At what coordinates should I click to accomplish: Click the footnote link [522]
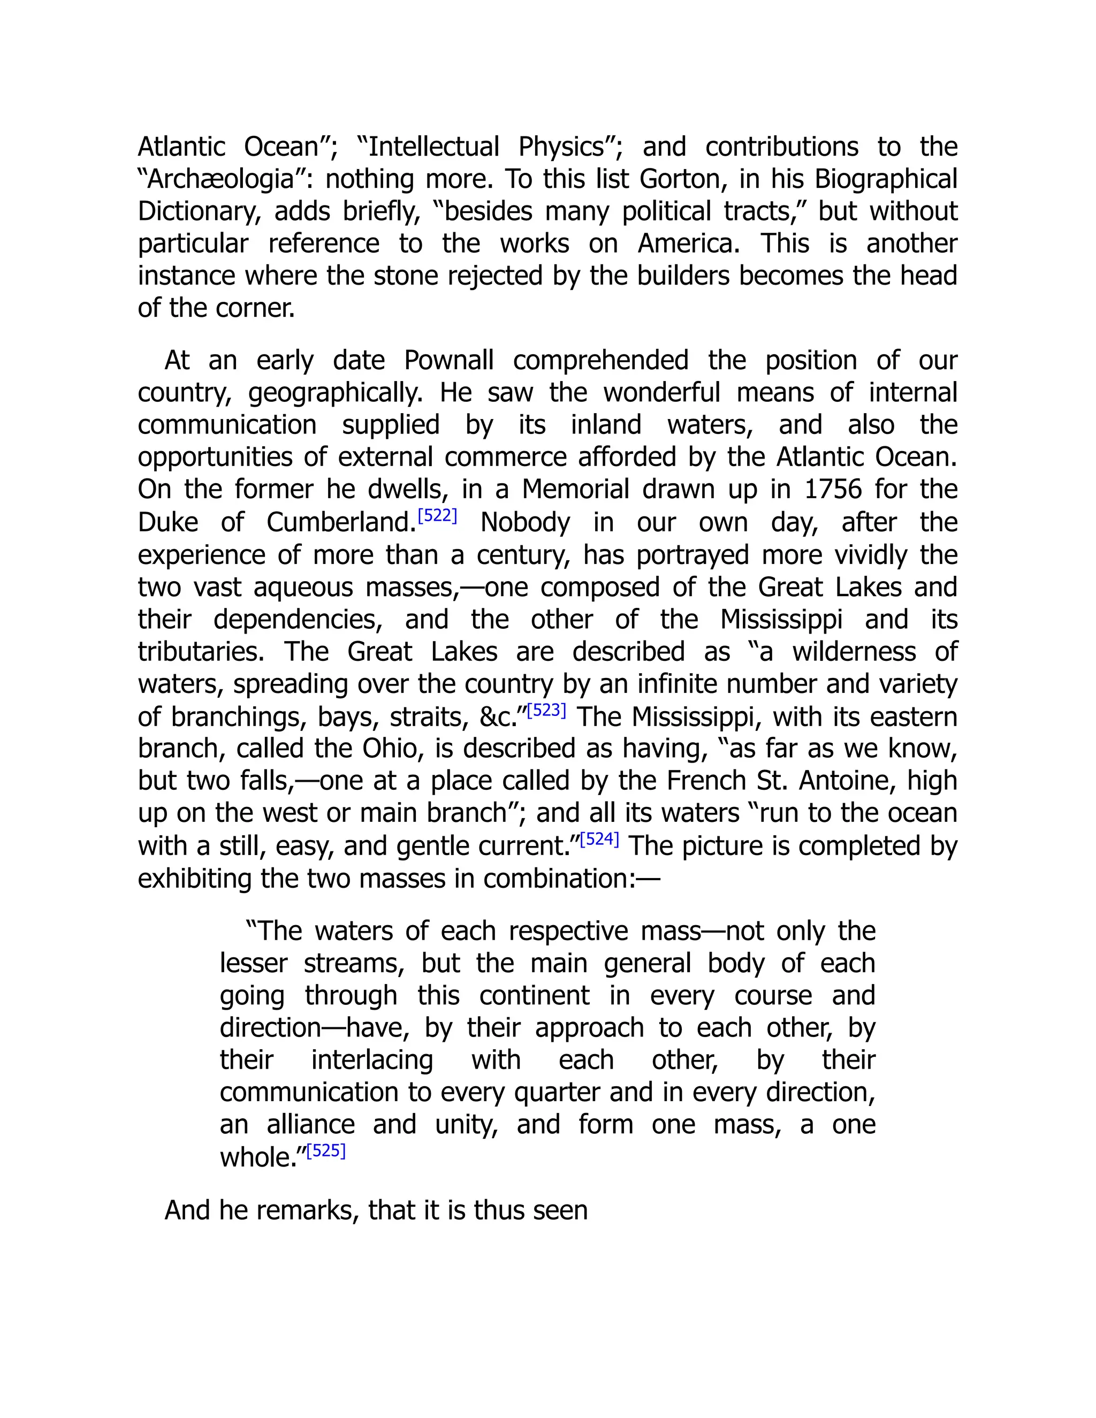click(x=437, y=517)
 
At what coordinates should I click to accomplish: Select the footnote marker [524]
click(x=599, y=840)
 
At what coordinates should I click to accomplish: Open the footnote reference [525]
click(x=326, y=1150)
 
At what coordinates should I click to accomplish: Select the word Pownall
click(x=448, y=360)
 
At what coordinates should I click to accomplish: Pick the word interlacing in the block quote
click(x=372, y=1060)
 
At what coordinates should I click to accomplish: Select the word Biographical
click(x=886, y=179)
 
